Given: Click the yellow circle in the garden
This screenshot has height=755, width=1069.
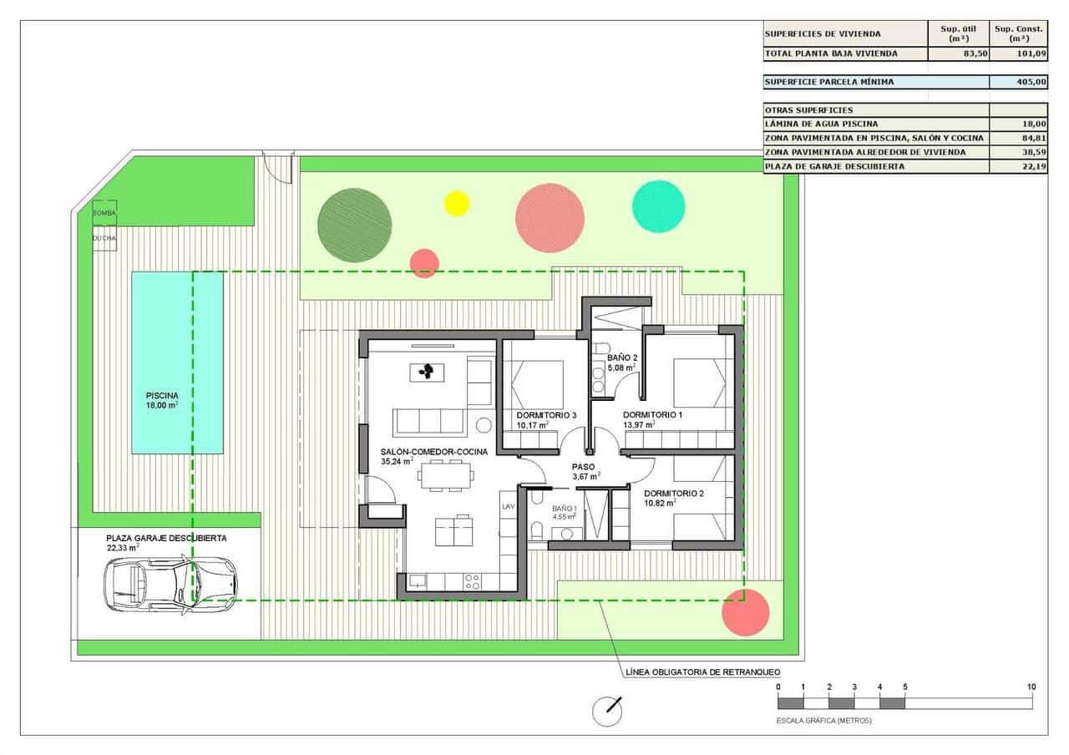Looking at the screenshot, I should point(457,203).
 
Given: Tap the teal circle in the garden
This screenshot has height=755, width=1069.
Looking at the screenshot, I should point(658,205).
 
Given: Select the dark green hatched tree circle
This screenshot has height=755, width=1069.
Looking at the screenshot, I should point(354,224).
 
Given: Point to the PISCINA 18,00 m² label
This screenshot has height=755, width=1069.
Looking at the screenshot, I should point(163,400).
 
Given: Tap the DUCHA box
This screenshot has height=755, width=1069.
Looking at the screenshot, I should point(104,238).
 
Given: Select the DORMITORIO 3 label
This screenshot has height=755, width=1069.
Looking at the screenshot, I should point(546,415).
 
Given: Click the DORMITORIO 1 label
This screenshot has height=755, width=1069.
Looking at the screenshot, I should point(652,415).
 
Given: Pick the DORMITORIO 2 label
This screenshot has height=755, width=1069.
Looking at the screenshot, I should point(674,493).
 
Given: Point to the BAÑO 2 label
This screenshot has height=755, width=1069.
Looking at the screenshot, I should point(622,357).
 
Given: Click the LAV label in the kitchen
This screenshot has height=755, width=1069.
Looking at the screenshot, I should point(508,507).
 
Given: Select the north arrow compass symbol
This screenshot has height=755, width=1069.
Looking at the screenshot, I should point(607,710).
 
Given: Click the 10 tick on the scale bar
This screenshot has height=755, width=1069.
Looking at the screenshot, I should point(1031,687).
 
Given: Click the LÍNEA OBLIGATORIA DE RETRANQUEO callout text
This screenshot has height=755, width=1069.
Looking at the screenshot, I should point(702,671).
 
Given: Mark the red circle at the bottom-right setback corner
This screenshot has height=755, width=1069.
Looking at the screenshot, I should point(745,614).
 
